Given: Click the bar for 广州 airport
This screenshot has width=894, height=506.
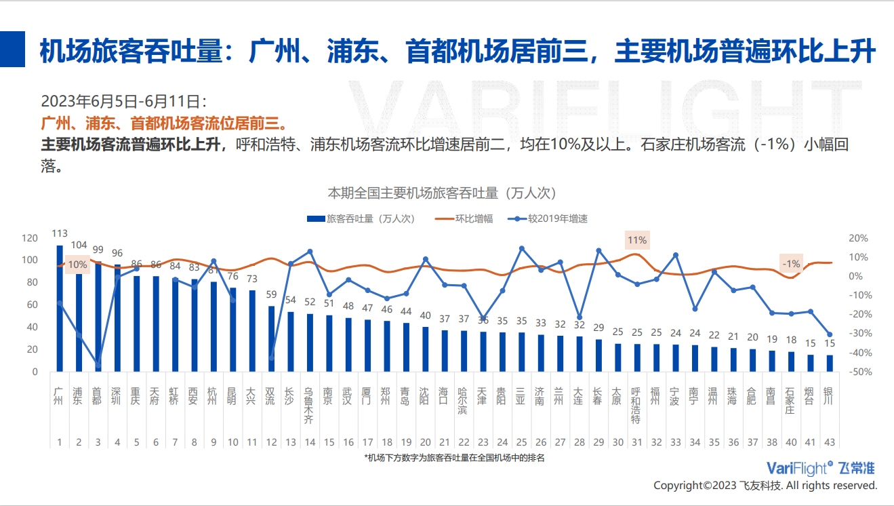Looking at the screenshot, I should coord(60,309).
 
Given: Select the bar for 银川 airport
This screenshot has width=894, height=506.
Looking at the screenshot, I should coord(829,364).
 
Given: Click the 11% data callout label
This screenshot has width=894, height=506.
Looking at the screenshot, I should coord(637,240).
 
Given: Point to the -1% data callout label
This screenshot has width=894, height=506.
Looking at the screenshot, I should coord(790,264).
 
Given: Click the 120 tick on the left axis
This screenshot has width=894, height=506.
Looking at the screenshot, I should coord(30,238).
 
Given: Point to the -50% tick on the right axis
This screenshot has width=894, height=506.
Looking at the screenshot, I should coord(857,372).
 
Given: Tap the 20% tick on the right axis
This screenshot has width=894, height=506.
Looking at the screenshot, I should coord(858,238).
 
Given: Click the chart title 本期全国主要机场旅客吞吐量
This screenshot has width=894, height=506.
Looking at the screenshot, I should coord(441,193).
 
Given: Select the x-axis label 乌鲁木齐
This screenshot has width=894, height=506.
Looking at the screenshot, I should coord(310,406).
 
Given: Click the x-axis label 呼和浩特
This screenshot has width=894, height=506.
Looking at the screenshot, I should coord(636,406).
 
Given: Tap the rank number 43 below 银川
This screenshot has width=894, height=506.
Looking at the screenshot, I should coord(829,442).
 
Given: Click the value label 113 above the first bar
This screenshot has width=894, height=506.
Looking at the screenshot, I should coord(60,233).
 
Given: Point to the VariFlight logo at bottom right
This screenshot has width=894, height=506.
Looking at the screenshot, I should coord(820,468).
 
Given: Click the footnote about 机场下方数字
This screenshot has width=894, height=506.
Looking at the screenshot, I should coord(454,458).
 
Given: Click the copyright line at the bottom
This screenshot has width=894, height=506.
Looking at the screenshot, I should coord(765,486).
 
